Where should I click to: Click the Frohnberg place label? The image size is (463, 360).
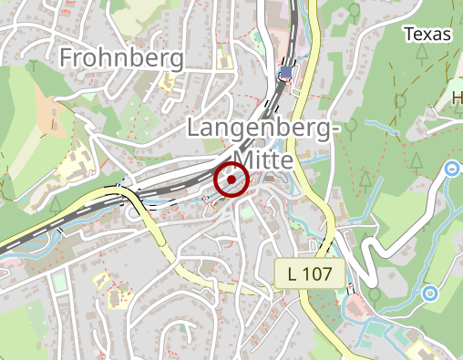point(121,58)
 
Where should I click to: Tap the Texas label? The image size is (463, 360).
point(427,34)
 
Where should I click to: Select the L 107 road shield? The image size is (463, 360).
point(311,272)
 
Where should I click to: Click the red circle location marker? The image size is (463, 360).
point(231,180)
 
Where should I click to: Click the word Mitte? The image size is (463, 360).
point(262,160)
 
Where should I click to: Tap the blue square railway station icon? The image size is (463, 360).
point(287,72)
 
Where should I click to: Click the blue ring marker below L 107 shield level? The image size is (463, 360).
point(429,293)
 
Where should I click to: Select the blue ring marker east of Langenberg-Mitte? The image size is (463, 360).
point(452,168)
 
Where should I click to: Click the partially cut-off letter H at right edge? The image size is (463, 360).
point(458,98)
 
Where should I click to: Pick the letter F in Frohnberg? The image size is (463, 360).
point(67,58)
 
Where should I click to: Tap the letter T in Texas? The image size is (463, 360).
point(408,34)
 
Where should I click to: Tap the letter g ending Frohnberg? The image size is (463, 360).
point(175,61)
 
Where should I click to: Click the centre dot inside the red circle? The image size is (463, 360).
point(231,180)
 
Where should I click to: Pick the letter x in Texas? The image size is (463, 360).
point(429,35)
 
